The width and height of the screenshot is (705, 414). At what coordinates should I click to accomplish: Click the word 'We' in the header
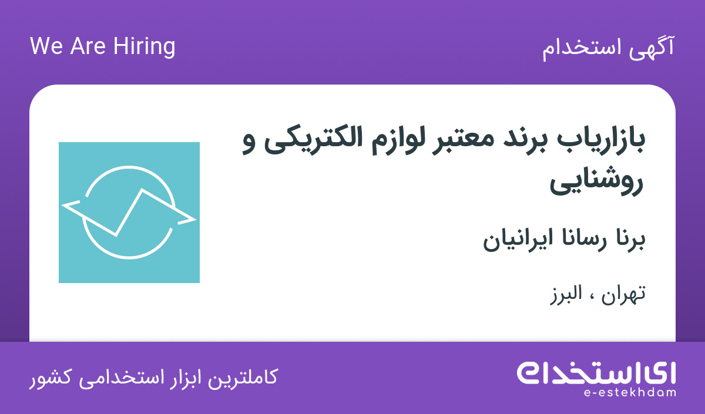click(x=46, y=46)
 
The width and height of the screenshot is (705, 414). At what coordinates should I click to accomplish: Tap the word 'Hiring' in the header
click(x=144, y=47)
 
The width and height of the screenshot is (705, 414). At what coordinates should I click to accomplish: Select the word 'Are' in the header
click(x=88, y=46)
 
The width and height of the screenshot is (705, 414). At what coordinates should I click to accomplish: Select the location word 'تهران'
click(x=623, y=295)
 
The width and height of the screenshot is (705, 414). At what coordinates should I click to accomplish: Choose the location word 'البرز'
click(x=566, y=294)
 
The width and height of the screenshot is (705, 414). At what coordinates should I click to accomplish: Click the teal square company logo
click(x=129, y=213)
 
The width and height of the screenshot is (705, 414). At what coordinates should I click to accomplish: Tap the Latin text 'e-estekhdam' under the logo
click(x=630, y=393)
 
